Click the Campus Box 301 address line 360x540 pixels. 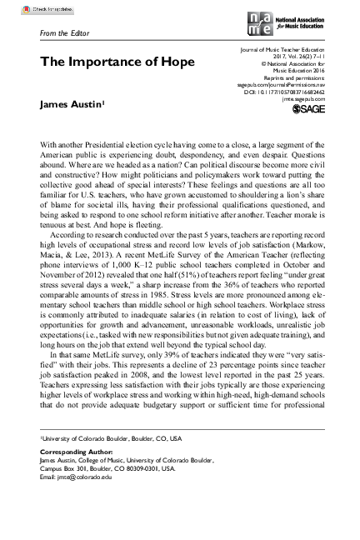click(x=107, y=468)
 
